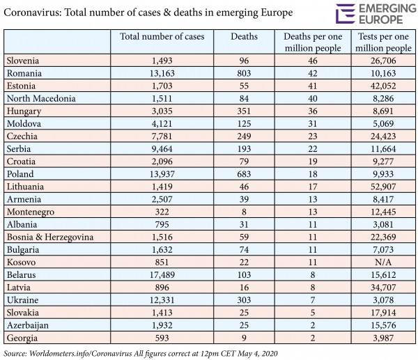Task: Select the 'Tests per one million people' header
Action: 384,42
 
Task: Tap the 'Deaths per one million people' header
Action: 312,42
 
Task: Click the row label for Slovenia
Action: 24,61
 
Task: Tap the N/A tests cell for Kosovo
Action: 384,262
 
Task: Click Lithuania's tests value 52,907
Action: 384,187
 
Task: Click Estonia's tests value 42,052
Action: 384,86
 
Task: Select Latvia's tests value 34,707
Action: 384,288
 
